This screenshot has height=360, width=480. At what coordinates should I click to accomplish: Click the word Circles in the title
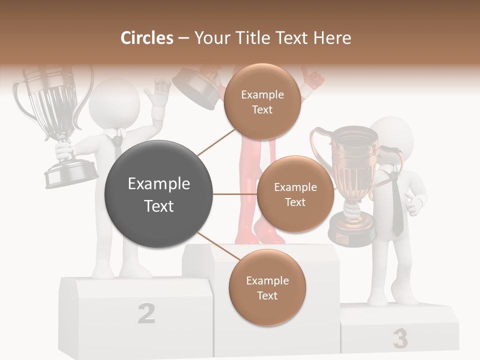pos(147,38)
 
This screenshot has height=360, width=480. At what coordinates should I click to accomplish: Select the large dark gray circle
pos(159,194)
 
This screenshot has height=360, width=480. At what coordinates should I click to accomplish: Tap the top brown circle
pos(262,102)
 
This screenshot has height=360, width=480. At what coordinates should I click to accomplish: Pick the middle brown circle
pos(295,194)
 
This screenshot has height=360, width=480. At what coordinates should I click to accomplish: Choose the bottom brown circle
pos(267,287)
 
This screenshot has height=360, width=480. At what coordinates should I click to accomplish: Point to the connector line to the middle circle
pos(234,194)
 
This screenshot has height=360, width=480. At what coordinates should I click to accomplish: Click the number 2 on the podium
pos(146,313)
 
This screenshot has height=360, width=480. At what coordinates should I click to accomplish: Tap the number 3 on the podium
pos(400,338)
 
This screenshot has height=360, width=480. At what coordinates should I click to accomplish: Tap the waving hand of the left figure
pos(157,95)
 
